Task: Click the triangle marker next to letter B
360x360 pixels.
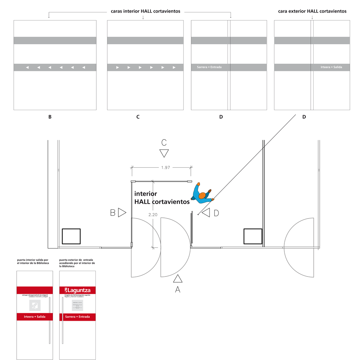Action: pos(122,213)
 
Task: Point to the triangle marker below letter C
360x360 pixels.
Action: pos(164,153)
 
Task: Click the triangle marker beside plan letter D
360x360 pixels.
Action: pos(206,213)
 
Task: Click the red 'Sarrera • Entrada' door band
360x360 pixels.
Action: pos(77,317)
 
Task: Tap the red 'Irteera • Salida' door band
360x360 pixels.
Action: pos(35,317)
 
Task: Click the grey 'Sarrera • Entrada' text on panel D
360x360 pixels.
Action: pos(209,67)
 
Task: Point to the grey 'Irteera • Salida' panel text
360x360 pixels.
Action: pos(331,67)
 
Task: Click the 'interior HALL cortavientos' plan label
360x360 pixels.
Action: pos(162,198)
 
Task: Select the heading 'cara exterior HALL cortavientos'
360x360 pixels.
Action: pos(312,11)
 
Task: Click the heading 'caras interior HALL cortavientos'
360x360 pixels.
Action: pos(145,11)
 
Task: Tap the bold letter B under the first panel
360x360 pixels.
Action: pos(50,117)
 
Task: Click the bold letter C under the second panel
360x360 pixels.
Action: pos(138,117)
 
